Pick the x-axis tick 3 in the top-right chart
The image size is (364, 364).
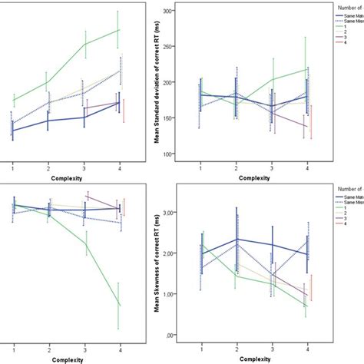click(273, 167)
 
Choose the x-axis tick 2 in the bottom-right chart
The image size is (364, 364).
click(237, 349)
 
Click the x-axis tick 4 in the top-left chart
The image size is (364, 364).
click(119, 167)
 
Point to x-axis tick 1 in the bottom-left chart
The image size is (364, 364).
click(12, 349)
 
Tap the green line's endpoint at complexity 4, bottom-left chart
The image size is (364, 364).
click(119, 304)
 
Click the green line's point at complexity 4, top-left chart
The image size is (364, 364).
click(119, 30)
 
